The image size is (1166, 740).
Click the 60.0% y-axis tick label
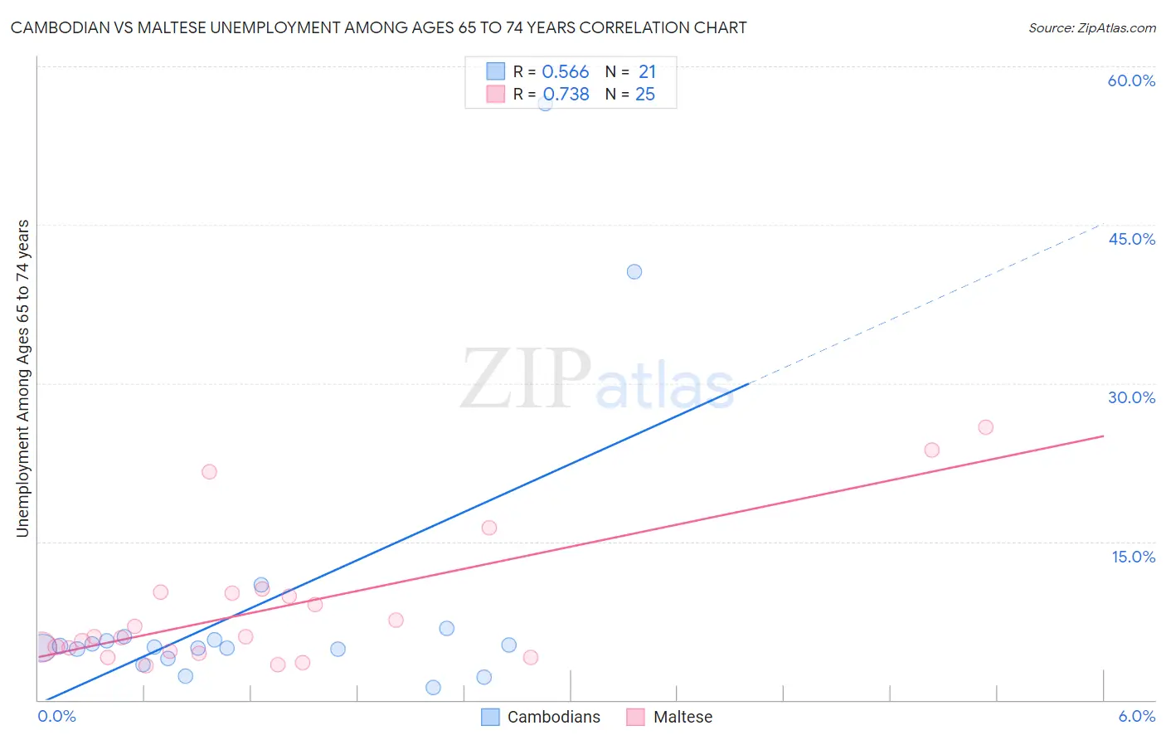coord(1131,80)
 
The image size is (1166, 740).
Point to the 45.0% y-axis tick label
coord(1131,239)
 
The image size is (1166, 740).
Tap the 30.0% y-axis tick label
coord(1131,397)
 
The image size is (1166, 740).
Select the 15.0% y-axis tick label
coord(1133,557)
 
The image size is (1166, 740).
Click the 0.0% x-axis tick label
coord(56,716)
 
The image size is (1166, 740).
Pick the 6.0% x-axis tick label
coord(1136,716)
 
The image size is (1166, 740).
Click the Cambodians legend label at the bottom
coord(553,717)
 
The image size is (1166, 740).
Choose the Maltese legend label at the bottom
coord(683,717)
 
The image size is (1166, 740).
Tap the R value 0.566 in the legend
coord(565,72)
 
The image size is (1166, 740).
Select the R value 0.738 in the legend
coord(566,95)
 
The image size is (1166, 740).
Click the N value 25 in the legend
coord(645,95)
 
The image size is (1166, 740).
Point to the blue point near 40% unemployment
coord(634,271)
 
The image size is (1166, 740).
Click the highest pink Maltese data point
coord(985,427)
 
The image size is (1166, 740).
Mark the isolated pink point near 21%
coord(209,471)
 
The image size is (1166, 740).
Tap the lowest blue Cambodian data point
coord(433,687)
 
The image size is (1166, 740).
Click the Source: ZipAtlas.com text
coord(1091,28)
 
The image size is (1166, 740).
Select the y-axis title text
coord(22,378)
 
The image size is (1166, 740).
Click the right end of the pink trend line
coord(1102,436)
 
